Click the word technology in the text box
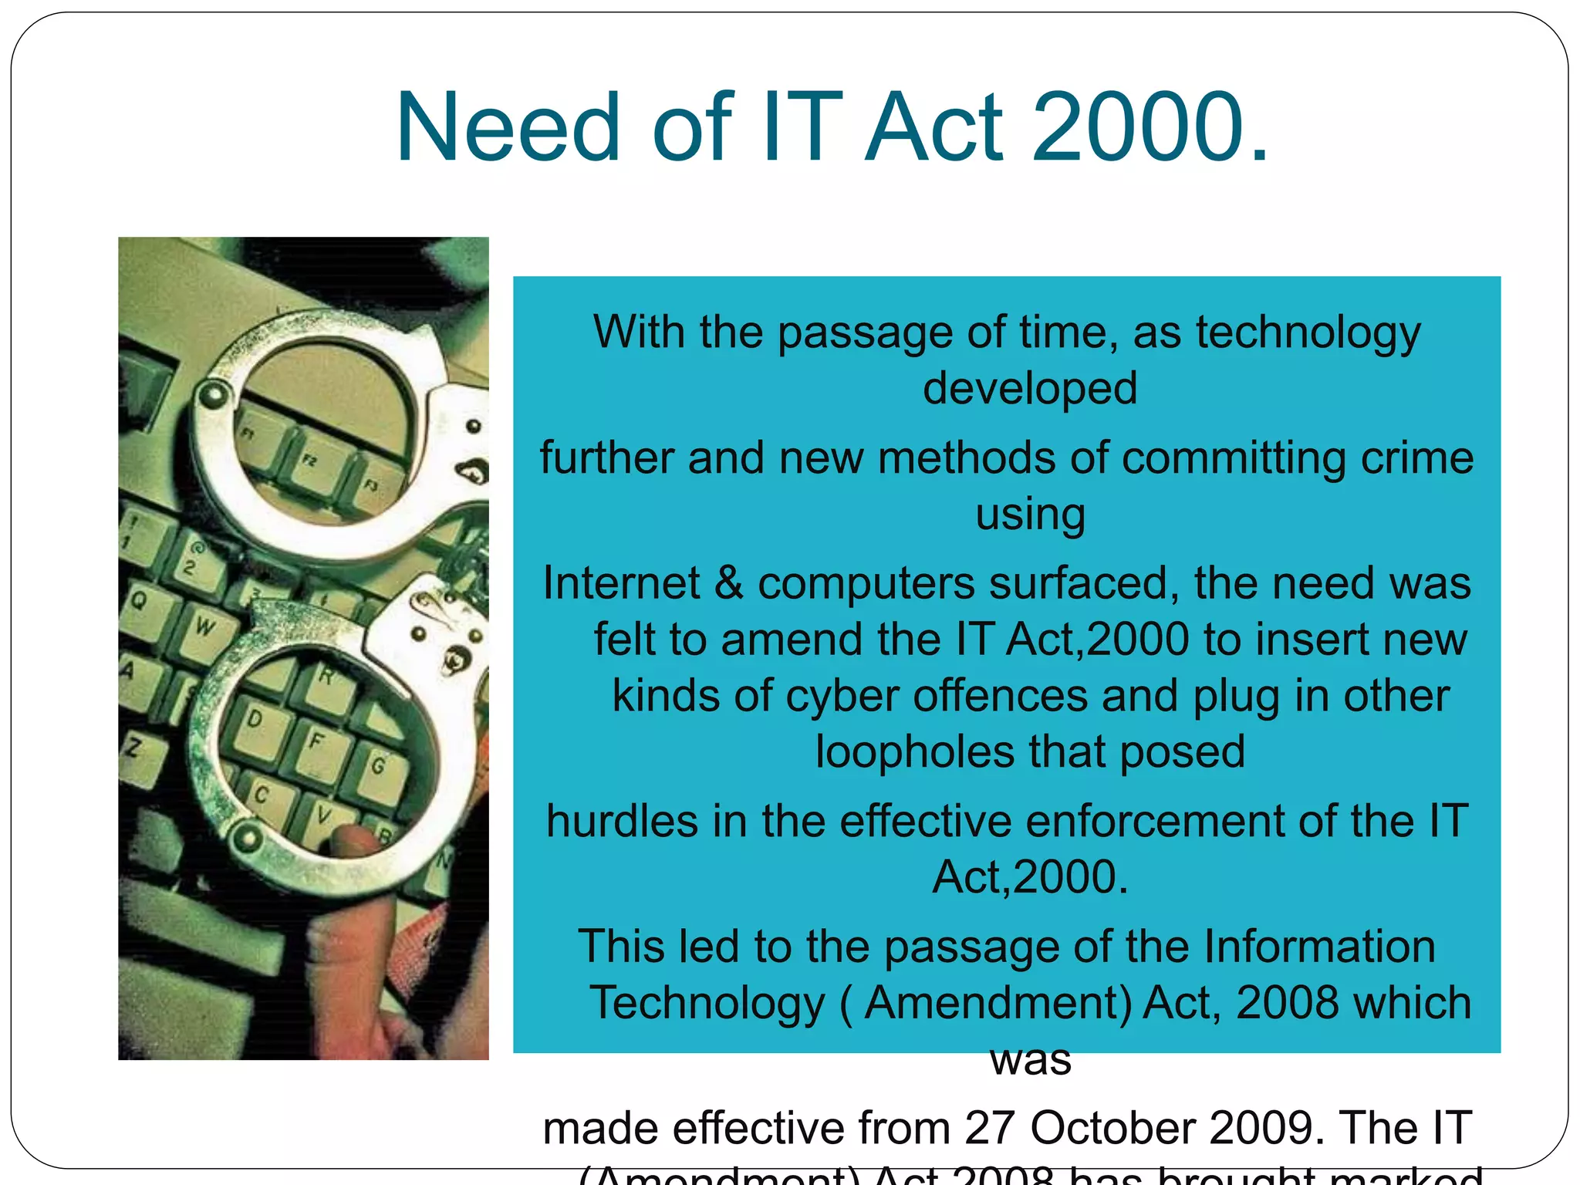(1308, 333)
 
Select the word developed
(1030, 388)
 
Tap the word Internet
(621, 583)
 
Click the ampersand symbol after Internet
(728, 583)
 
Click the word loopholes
(915, 752)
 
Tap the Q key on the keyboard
(139, 599)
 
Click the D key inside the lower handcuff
(255, 719)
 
